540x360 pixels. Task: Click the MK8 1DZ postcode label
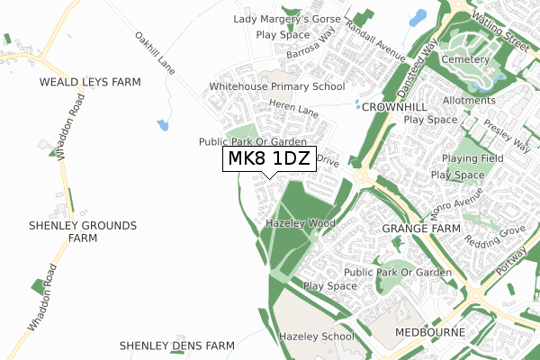click(269, 159)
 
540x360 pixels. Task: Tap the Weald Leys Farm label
click(90, 82)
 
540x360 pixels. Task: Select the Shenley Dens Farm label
click(176, 346)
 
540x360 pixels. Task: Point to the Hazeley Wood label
click(301, 222)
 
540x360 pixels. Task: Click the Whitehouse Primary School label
click(277, 87)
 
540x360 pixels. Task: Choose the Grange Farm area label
click(420, 229)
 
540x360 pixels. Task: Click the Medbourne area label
click(429, 332)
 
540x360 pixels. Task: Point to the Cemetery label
click(466, 59)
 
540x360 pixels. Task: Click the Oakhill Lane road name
click(154, 52)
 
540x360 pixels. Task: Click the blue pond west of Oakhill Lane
click(163, 125)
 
